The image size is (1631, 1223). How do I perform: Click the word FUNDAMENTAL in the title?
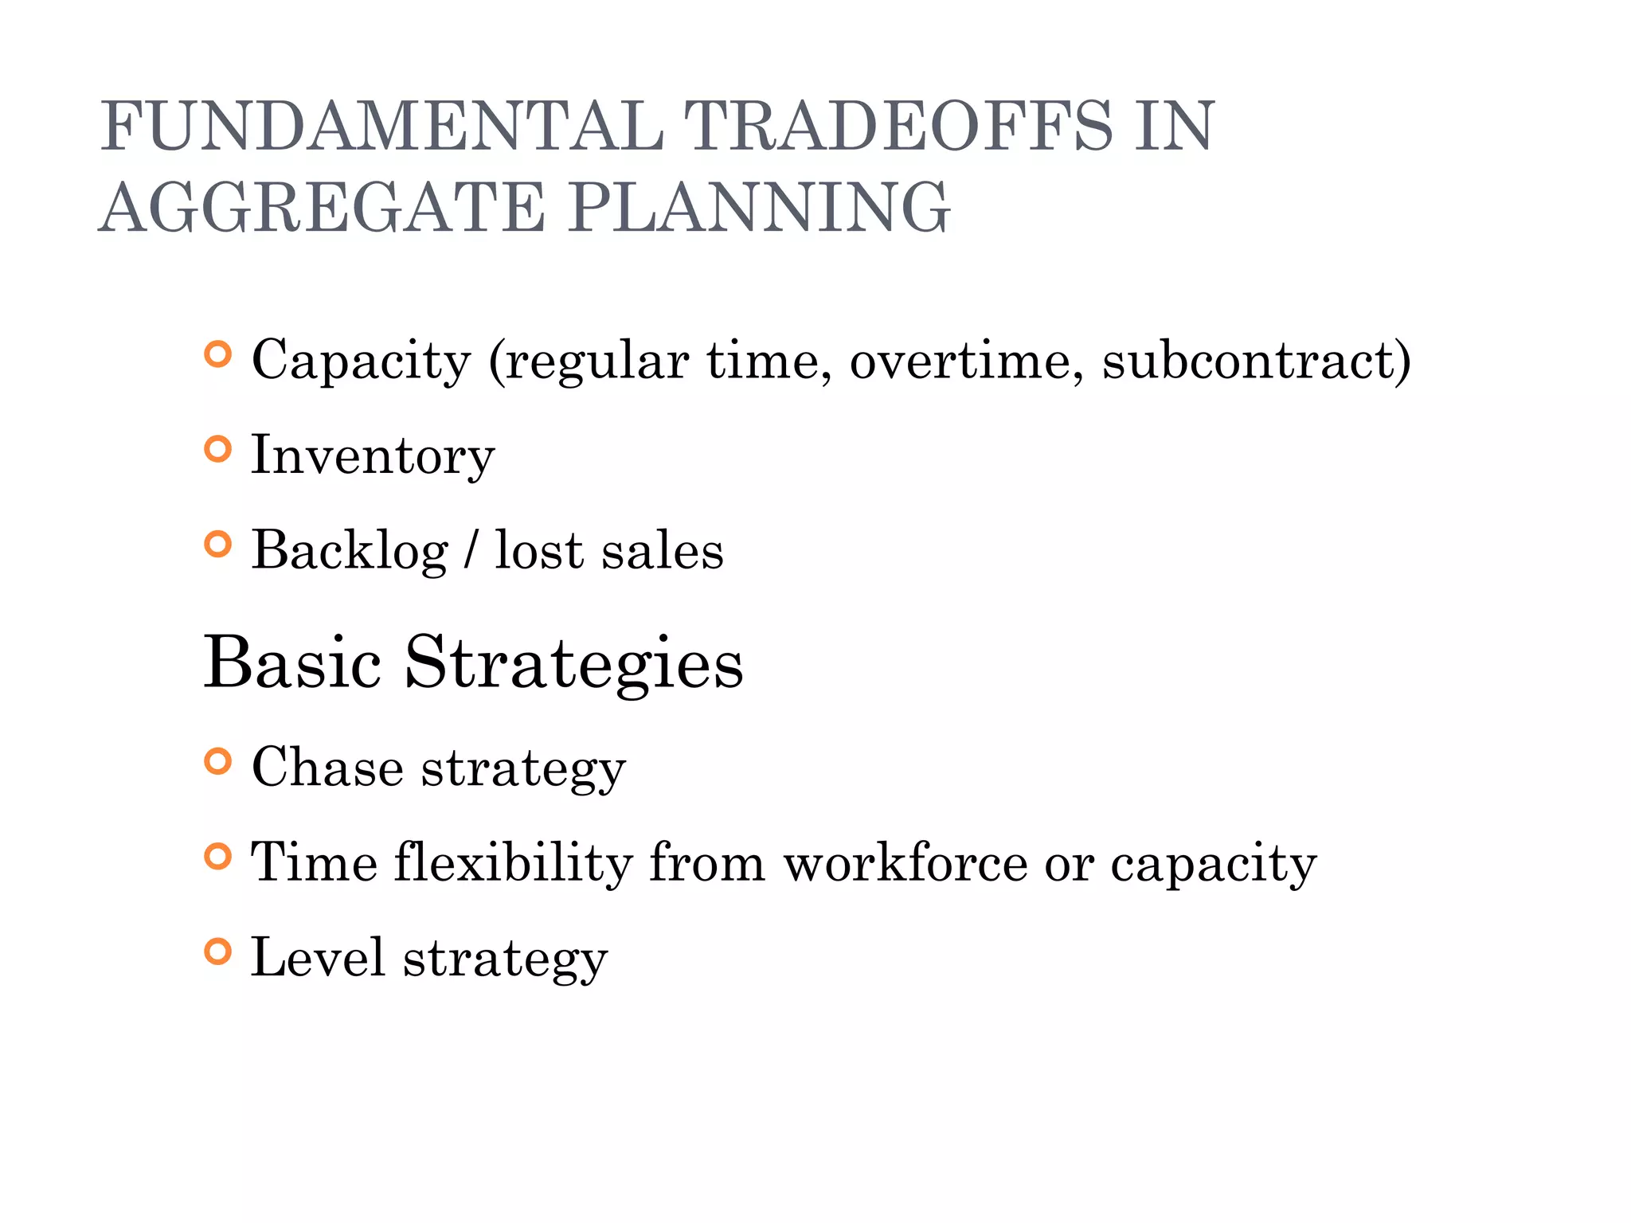[x=381, y=127]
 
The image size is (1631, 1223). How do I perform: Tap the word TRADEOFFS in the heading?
[x=897, y=127]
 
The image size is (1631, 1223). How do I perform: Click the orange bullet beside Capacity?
[x=217, y=354]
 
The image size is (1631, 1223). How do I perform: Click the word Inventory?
[x=373, y=456]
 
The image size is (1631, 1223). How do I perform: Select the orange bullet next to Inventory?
[x=217, y=450]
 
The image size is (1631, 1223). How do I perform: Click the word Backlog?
[x=350, y=551]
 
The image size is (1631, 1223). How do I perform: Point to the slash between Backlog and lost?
[x=471, y=551]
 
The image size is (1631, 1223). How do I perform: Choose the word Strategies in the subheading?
[x=573, y=662]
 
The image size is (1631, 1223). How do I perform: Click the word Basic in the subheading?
[x=292, y=662]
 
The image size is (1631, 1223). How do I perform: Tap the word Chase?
[x=327, y=768]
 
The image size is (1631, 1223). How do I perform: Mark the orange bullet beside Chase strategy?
[x=217, y=762]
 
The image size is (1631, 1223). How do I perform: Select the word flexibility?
[x=513, y=863]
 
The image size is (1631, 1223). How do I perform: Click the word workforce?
[x=905, y=863]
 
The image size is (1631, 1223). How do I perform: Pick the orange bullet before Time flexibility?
[x=217, y=857]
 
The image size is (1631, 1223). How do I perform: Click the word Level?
[x=318, y=958]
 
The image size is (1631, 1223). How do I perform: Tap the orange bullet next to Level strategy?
[x=217, y=951]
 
